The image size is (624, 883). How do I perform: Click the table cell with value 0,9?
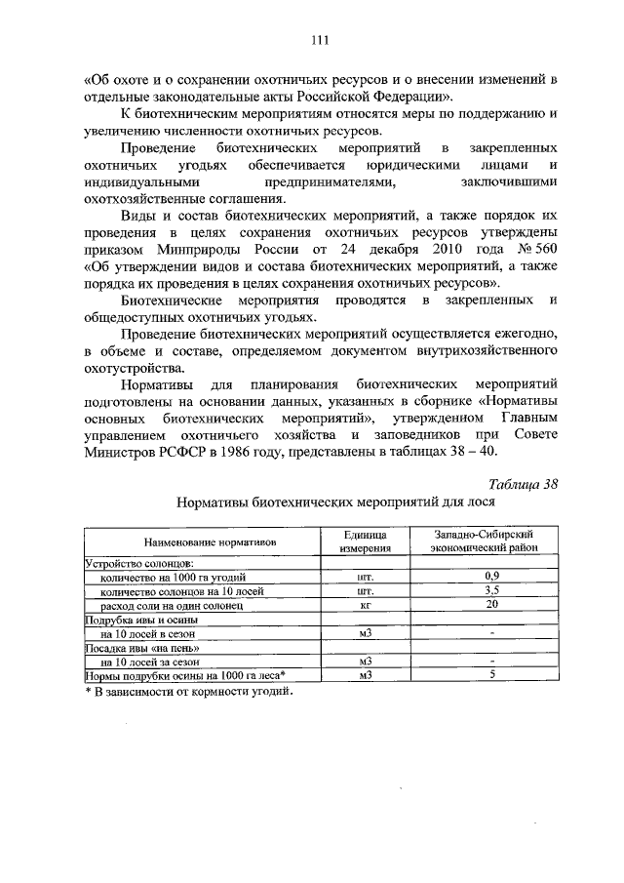[492, 577]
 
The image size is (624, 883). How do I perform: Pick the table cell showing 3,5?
[492, 590]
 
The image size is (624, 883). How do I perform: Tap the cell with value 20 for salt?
[492, 605]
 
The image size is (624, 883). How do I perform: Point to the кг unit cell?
[367, 605]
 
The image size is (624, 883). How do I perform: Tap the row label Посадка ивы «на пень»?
[143, 647]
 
